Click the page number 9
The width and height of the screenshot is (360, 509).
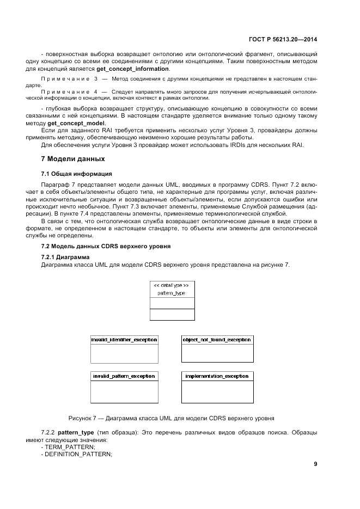click(x=315, y=464)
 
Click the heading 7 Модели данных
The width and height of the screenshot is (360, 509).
click(x=73, y=159)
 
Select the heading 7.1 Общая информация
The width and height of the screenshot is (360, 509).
click(x=77, y=174)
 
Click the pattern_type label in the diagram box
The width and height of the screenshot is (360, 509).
click(x=172, y=293)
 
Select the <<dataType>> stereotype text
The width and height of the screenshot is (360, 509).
click(x=172, y=285)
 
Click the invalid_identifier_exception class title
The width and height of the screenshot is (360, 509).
click(x=124, y=340)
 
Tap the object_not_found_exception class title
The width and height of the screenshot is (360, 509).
click(x=217, y=340)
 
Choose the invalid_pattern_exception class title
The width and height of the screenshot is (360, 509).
click(x=124, y=376)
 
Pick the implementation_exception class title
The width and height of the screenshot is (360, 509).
click(x=217, y=376)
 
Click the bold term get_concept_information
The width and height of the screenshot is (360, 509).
click(x=133, y=69)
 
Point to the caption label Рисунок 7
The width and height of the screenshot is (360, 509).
click(x=83, y=418)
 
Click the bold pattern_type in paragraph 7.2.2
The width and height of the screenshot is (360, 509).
click(x=76, y=432)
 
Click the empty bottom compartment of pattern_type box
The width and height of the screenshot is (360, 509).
click(x=172, y=315)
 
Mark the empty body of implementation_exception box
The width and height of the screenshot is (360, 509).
click(x=217, y=391)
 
